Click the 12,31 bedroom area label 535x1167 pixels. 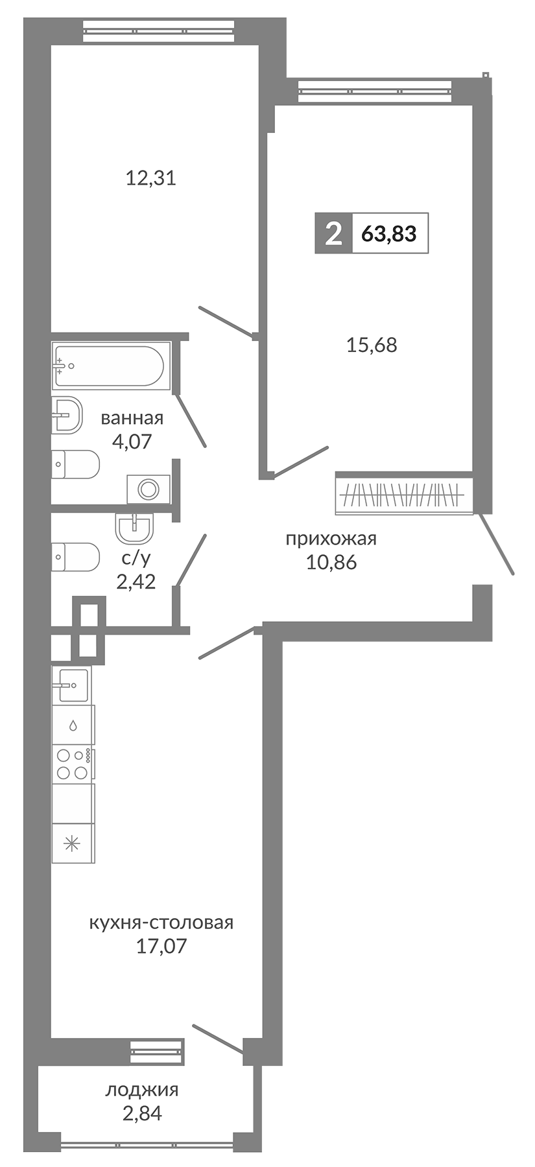pyautogui.click(x=150, y=178)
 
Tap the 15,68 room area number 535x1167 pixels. pyautogui.click(x=372, y=345)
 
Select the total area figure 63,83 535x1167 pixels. pyautogui.click(x=388, y=233)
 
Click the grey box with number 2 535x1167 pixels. pyautogui.click(x=333, y=233)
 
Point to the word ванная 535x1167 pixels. pyautogui.click(x=132, y=418)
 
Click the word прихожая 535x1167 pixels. pyautogui.click(x=331, y=538)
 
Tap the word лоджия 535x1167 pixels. pyautogui.click(x=141, y=1090)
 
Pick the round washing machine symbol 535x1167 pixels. pyautogui.click(x=149, y=489)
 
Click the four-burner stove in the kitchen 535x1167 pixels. pyautogui.click(x=73, y=764)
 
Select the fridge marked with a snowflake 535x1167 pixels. pyautogui.click(x=72, y=843)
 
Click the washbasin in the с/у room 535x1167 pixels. pyautogui.click(x=135, y=528)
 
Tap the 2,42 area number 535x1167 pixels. pyautogui.click(x=136, y=582)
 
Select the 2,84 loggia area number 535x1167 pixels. pyautogui.click(x=141, y=1113)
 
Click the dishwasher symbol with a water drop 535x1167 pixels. pyautogui.click(x=73, y=725)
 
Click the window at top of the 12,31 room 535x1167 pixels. pyautogui.click(x=158, y=31)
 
